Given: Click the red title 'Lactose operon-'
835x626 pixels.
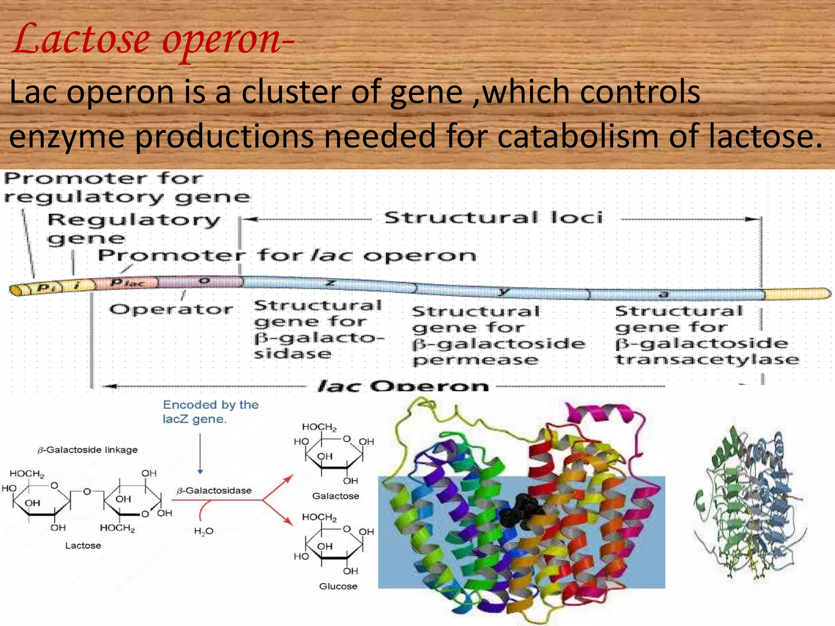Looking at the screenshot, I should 152,40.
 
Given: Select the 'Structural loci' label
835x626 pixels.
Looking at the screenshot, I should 493,218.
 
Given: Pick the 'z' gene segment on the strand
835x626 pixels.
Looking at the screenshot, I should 330,284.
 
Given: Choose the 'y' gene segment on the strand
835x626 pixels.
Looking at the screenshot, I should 504,291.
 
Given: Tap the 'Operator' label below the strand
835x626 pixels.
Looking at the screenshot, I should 171,310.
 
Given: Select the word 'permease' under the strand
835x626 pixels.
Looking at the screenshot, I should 475,360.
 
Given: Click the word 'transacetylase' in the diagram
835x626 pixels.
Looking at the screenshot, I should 707,360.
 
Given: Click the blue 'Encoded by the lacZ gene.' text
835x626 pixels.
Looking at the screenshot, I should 210,412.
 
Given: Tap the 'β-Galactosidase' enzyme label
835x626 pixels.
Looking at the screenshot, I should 214,491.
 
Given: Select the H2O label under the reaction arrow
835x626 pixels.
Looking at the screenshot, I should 203,531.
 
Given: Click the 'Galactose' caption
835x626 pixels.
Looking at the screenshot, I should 336,496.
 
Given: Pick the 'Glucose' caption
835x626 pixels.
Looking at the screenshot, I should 338,586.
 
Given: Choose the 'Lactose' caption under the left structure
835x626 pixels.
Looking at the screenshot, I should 83,545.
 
